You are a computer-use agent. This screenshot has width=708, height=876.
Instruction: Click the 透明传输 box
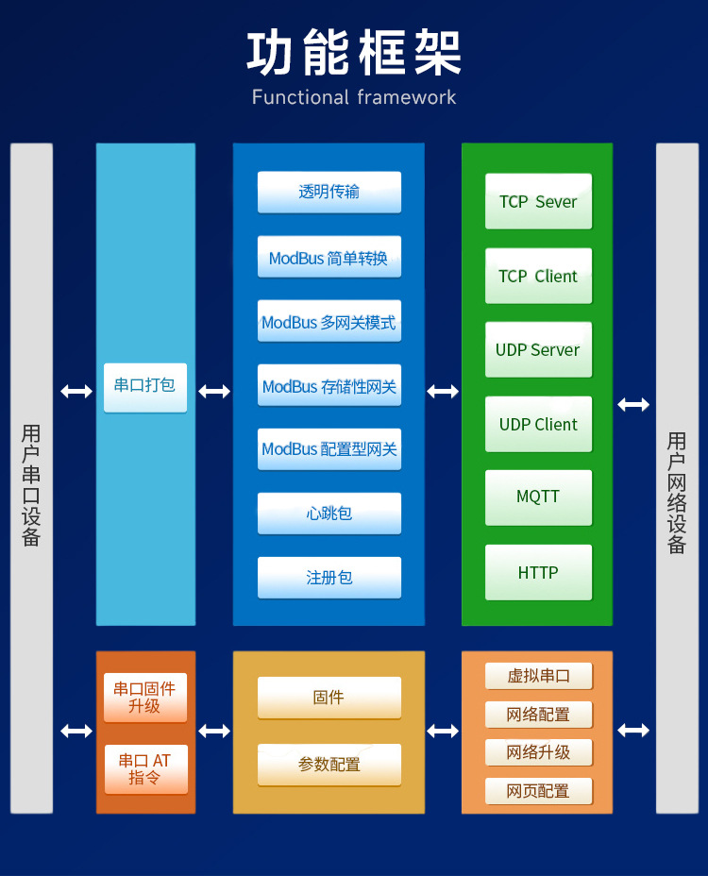coord(329,192)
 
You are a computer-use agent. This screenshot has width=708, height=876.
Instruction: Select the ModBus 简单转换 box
coord(329,257)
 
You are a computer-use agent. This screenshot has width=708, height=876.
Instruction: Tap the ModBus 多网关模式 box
coord(329,321)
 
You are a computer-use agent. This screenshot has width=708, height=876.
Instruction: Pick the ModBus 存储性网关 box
coord(329,385)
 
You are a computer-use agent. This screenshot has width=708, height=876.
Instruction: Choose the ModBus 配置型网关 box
coord(329,449)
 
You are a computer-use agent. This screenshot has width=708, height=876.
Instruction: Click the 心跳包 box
coord(329,514)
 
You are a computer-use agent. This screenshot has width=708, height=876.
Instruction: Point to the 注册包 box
coord(329,578)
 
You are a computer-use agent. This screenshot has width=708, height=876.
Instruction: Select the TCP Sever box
coord(538,201)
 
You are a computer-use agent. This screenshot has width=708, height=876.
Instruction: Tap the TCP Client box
coord(538,276)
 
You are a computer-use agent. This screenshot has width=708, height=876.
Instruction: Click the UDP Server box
coord(538,349)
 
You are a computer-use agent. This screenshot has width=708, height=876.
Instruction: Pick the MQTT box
coord(538,497)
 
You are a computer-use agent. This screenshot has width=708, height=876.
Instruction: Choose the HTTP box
coord(538,572)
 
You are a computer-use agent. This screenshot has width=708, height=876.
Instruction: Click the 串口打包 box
coord(144,386)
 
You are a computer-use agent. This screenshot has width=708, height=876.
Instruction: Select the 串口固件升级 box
coord(144,698)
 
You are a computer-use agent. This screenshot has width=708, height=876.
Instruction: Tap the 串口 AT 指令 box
coord(144,769)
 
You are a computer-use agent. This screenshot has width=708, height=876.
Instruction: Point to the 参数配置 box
coord(329,765)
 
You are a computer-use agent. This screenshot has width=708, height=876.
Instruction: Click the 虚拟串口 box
coord(538,676)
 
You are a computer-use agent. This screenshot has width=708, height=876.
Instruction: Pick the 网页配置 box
coord(538,791)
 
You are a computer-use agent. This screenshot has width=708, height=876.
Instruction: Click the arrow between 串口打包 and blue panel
coord(214,391)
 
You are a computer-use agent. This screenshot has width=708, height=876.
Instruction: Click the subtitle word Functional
coord(300,97)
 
